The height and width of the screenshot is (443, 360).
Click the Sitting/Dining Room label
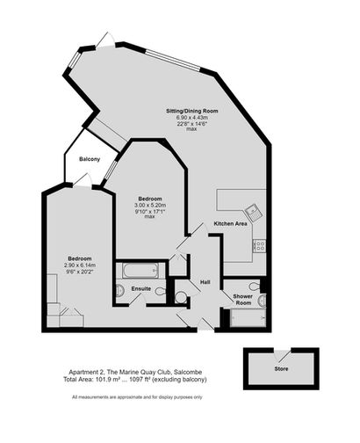pos(192,111)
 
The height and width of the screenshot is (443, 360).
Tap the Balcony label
pos(90,159)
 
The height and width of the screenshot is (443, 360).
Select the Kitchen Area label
pos(230,223)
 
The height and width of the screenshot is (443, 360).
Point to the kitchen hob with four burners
pos(260,245)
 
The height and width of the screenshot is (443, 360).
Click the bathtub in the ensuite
pos(140,270)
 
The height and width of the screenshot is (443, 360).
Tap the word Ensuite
pos(141,289)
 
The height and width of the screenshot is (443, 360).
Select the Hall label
pos(205,282)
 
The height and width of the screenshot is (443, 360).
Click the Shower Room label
pos(242,300)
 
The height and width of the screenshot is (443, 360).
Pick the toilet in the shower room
pos(255,286)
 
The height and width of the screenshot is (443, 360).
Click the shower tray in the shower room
pos(248,318)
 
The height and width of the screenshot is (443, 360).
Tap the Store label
pos(281,369)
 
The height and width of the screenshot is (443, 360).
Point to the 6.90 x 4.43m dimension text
pos(192,118)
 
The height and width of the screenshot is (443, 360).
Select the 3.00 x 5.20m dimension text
pos(150,205)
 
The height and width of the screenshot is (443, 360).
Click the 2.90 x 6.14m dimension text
pos(80,265)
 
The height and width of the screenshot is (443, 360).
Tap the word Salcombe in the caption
pos(188,373)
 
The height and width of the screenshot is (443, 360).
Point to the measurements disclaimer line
pos(137,397)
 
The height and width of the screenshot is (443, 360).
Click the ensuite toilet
pos(161,292)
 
